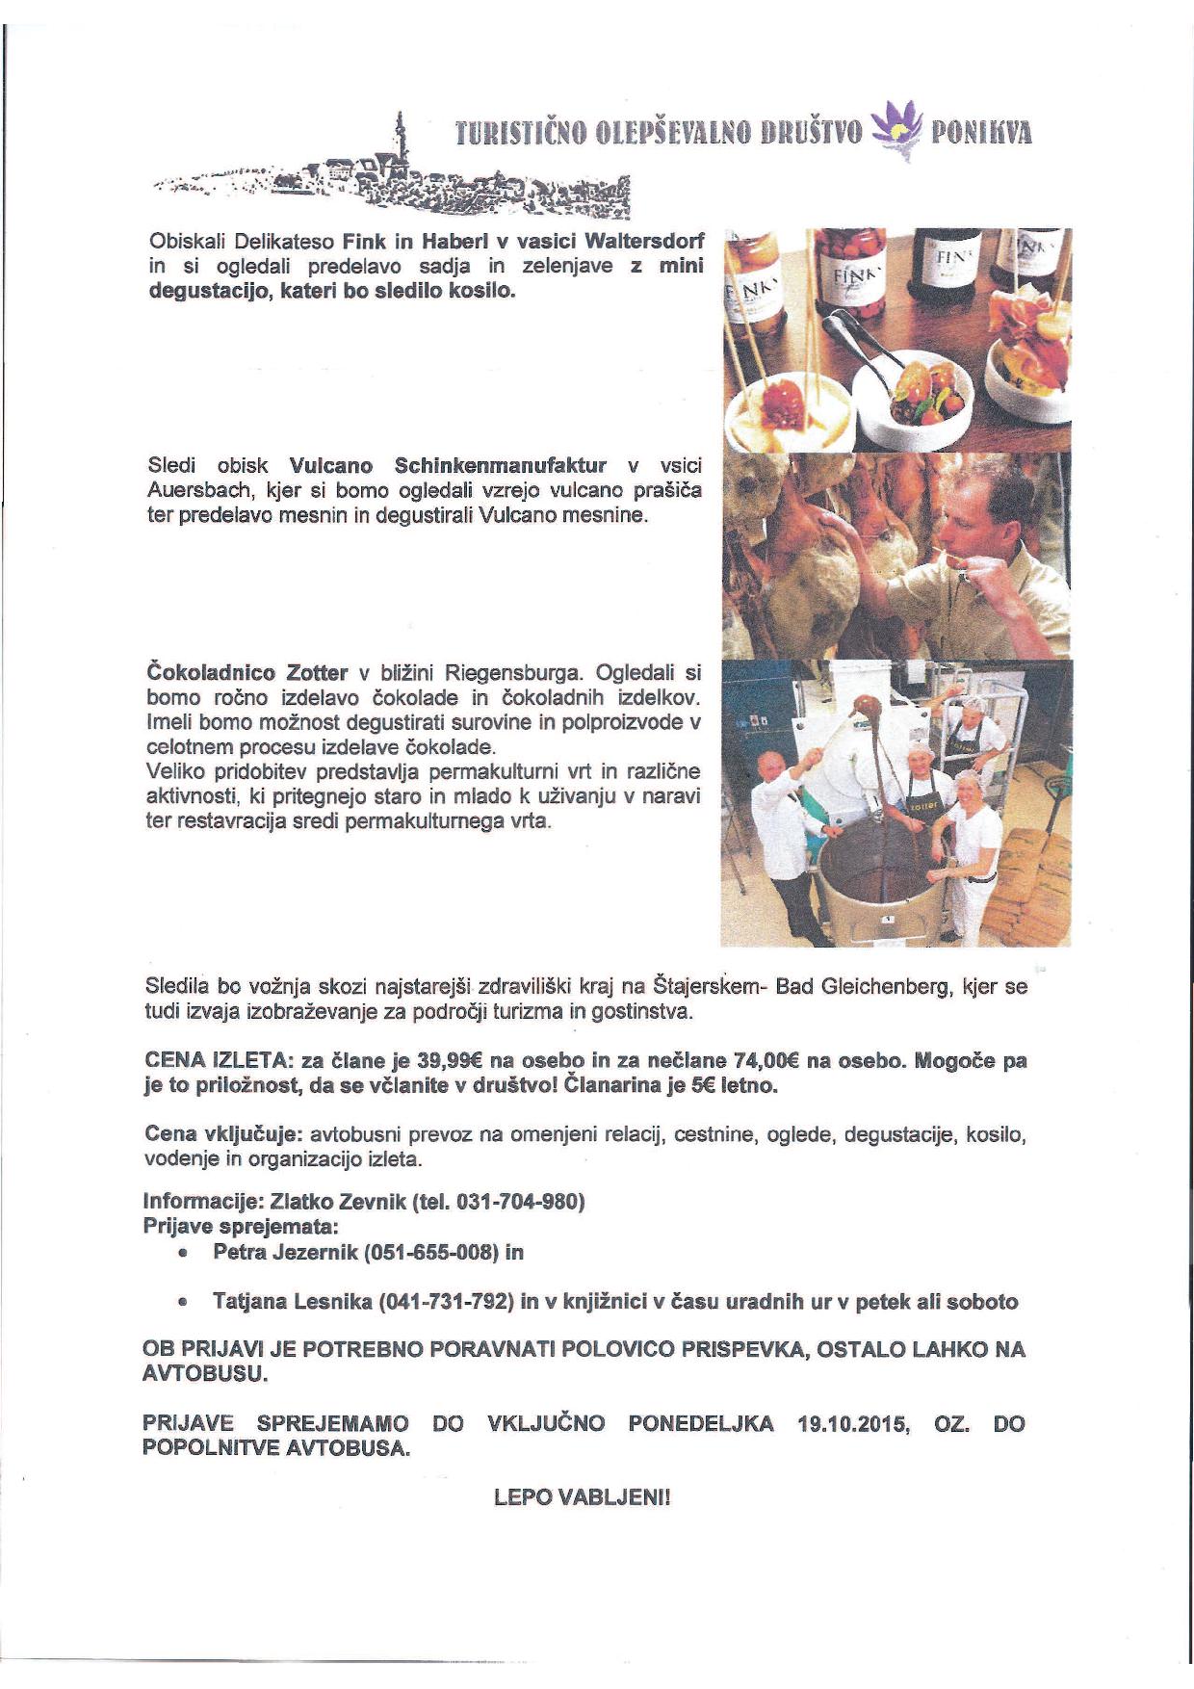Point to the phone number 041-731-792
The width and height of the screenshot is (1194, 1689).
pyautogui.click(x=445, y=1302)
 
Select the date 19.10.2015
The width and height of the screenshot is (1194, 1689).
pyautogui.click(x=854, y=1423)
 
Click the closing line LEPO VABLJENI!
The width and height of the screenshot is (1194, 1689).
pyautogui.click(x=581, y=1498)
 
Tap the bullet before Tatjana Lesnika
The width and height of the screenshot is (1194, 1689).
pyautogui.click(x=182, y=1303)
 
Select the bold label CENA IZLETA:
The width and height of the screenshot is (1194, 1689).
pyautogui.click(x=218, y=1061)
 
